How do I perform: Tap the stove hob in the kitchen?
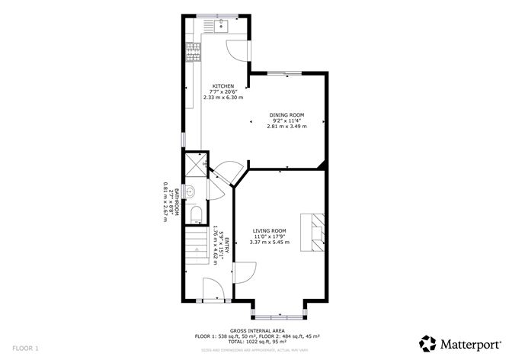[x=193, y=53]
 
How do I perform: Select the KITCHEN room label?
[x=222, y=86]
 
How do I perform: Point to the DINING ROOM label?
[x=287, y=114]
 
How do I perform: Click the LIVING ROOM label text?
[x=270, y=230]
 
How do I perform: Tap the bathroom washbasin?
[x=191, y=191]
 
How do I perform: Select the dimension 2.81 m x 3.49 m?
[x=287, y=126]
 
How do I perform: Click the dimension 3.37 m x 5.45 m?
[x=270, y=243]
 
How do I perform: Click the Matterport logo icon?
[x=428, y=342]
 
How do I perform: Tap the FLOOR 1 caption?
[x=25, y=347]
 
